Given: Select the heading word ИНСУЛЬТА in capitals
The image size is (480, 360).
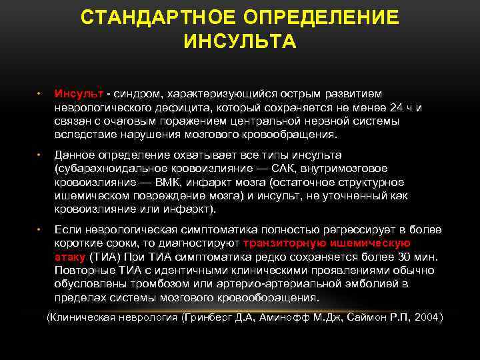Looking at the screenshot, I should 240,43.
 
